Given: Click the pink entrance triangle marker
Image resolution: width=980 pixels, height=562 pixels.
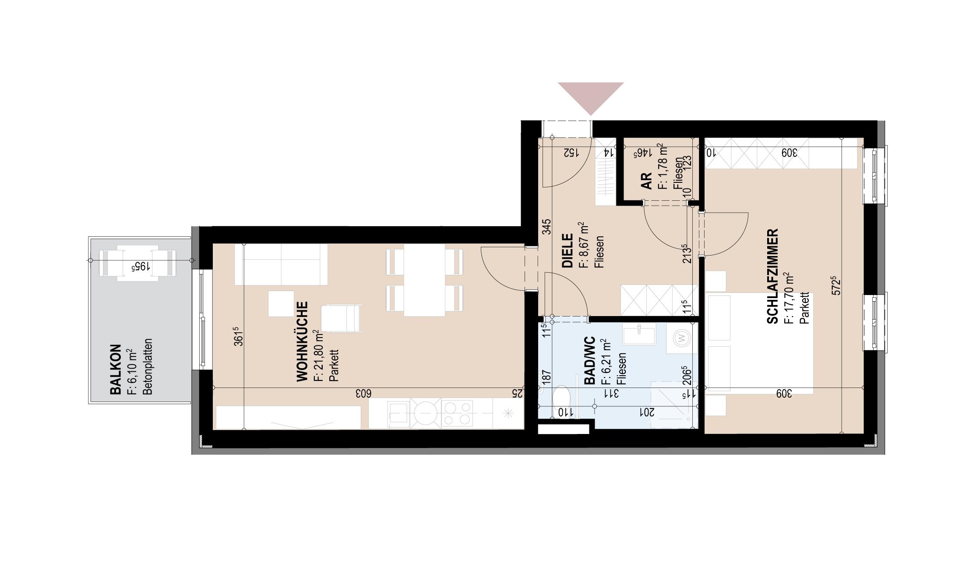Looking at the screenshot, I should click(590, 96).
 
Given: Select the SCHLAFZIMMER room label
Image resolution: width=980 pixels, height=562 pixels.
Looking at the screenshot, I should click(773, 276).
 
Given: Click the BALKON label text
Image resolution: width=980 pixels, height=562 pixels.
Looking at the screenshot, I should click(115, 369).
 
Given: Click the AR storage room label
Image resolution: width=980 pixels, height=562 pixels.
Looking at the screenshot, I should click(646, 180).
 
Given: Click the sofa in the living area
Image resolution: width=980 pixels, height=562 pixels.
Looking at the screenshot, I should click(281, 264).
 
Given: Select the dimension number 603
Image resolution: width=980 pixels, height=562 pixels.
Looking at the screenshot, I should click(363, 393).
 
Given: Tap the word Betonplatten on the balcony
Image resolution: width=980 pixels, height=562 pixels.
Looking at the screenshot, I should click(148, 366).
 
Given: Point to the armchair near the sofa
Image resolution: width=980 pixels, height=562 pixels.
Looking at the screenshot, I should click(342, 318).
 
